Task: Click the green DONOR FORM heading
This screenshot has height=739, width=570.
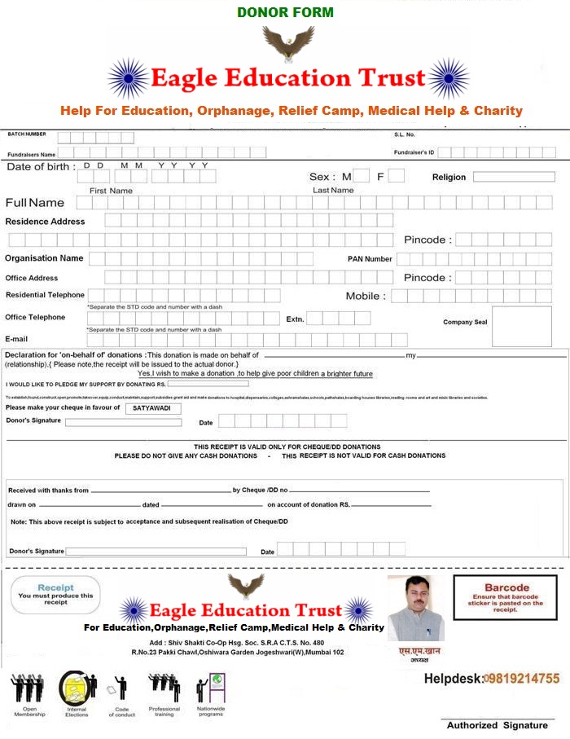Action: tap(285, 12)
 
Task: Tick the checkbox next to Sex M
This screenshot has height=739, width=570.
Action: tap(362, 176)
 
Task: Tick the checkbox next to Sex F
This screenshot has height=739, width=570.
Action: tap(396, 176)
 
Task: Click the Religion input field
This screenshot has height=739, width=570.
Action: tap(513, 177)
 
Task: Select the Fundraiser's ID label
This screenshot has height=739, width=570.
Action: tap(414, 152)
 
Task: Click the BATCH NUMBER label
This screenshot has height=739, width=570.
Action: tap(27, 134)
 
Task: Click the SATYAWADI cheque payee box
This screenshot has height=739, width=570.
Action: tap(153, 407)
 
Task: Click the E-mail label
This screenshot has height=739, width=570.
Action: tap(17, 338)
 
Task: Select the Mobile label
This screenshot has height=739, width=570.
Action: tap(366, 297)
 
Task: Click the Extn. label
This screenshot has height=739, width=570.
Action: tap(295, 319)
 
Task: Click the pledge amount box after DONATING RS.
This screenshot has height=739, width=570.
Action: tap(208, 383)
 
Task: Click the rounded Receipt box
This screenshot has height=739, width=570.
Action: tap(55, 595)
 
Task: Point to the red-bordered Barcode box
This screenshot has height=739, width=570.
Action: tap(506, 598)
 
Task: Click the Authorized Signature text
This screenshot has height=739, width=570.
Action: tap(497, 725)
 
